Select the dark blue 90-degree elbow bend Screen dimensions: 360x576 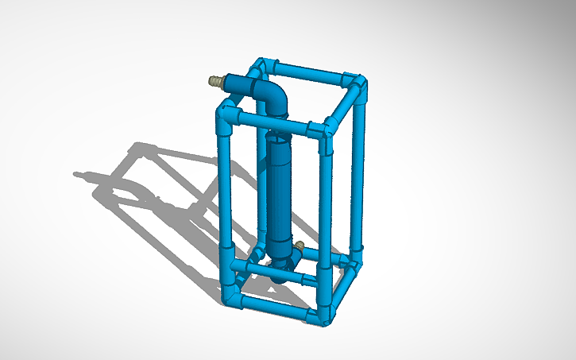coord(273,99)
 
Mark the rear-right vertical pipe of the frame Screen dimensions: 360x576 coord(358,171)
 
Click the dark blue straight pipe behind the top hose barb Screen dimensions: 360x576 coord(238,82)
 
